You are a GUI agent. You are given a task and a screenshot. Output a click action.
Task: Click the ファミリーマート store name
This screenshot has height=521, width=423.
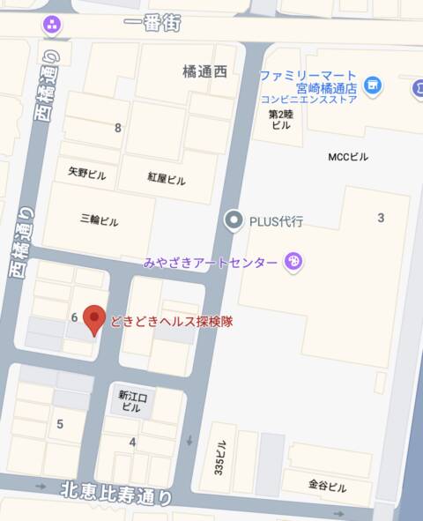tap(308, 76)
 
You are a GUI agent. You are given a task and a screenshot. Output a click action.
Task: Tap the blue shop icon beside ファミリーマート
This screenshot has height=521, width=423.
tap(374, 86)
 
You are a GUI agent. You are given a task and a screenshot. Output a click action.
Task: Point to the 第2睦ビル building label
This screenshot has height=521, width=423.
tap(280, 119)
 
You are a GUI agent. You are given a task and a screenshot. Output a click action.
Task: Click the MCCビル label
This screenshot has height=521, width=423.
tap(349, 157)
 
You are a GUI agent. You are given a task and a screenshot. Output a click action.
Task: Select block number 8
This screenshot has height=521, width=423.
tap(118, 128)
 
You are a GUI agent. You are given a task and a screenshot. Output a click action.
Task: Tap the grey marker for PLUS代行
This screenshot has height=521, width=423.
tap(233, 220)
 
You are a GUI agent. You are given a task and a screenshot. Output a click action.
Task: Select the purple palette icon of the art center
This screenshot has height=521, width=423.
tap(294, 262)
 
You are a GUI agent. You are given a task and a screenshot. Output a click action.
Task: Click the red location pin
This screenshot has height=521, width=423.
tap(94, 321)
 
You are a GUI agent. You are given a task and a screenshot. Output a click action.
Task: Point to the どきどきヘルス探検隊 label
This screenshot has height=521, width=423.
tap(171, 322)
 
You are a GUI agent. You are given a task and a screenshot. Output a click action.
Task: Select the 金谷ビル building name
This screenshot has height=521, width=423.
tap(327, 487)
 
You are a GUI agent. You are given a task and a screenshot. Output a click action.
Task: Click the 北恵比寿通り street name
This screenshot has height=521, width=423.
tap(117, 494)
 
